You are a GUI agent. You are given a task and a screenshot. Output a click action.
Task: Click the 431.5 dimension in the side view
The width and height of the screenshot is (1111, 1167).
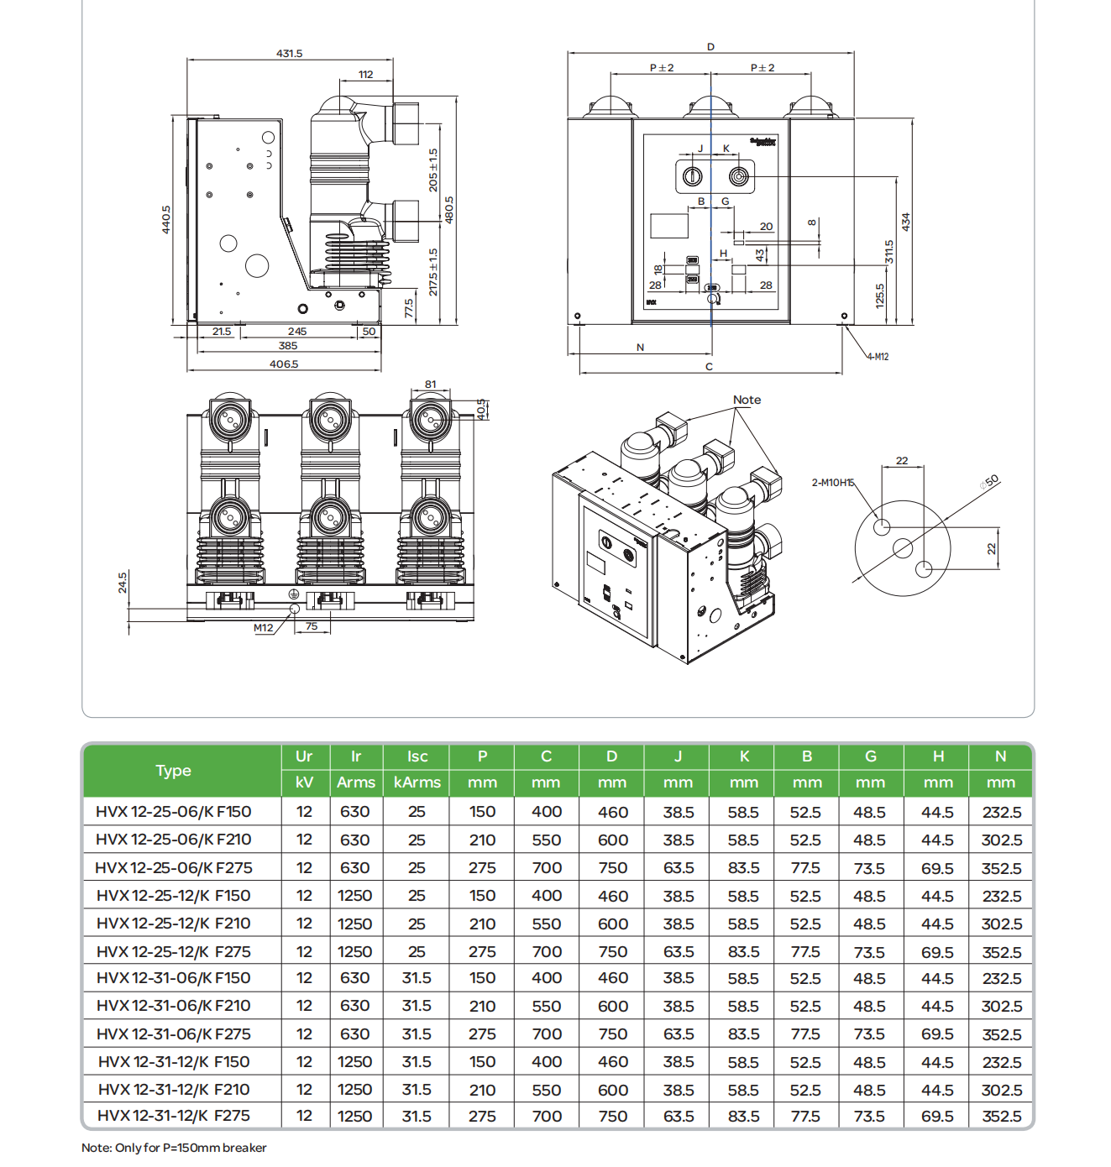click(x=289, y=53)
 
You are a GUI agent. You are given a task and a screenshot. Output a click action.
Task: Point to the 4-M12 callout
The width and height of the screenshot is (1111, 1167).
click(x=878, y=357)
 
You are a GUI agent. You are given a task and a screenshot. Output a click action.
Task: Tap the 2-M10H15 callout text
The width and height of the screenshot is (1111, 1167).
click(x=832, y=483)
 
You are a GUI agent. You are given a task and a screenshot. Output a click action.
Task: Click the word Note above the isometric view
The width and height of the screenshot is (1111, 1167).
click(x=747, y=400)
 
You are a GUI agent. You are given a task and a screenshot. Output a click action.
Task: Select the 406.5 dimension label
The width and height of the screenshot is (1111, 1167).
click(x=284, y=364)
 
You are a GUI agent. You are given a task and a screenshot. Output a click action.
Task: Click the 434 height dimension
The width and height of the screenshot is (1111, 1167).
click(x=905, y=222)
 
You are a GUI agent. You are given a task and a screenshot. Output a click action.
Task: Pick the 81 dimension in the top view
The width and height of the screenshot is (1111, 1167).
click(x=430, y=385)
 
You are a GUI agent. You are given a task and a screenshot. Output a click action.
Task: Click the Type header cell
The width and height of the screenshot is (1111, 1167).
click(x=174, y=771)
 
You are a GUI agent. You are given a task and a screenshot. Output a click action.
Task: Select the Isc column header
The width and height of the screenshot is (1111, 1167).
click(x=417, y=756)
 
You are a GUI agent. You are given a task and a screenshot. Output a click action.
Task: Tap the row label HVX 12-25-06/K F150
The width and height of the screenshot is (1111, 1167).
click(x=174, y=812)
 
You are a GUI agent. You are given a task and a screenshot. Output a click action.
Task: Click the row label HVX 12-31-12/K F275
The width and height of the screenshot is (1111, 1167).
click(x=174, y=1116)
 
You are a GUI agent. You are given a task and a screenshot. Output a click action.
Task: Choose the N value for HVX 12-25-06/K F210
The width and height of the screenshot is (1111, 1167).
click(x=1001, y=840)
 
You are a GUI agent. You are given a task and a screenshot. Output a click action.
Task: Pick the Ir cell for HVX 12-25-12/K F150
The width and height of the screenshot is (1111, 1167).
click(x=354, y=896)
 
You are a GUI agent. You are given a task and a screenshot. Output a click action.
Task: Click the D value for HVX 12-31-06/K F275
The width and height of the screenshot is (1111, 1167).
click(x=612, y=1034)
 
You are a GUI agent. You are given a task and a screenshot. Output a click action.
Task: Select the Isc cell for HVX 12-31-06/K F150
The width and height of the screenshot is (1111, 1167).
click(x=417, y=978)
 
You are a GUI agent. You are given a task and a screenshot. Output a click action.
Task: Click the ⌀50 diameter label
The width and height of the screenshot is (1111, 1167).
click(x=990, y=482)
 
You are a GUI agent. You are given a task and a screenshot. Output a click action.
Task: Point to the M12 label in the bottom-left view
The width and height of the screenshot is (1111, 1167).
click(x=263, y=628)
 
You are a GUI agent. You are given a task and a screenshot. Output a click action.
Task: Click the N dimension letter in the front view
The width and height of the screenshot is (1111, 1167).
click(x=640, y=347)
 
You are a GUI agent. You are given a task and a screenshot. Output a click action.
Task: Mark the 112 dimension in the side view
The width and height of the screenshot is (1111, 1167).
click(x=365, y=75)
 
